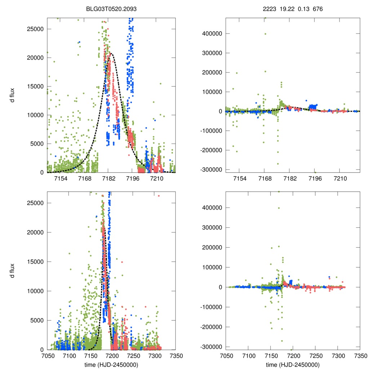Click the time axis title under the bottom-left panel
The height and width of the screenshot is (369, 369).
[111, 364]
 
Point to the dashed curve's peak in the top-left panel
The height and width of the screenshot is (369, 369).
[112, 54]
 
